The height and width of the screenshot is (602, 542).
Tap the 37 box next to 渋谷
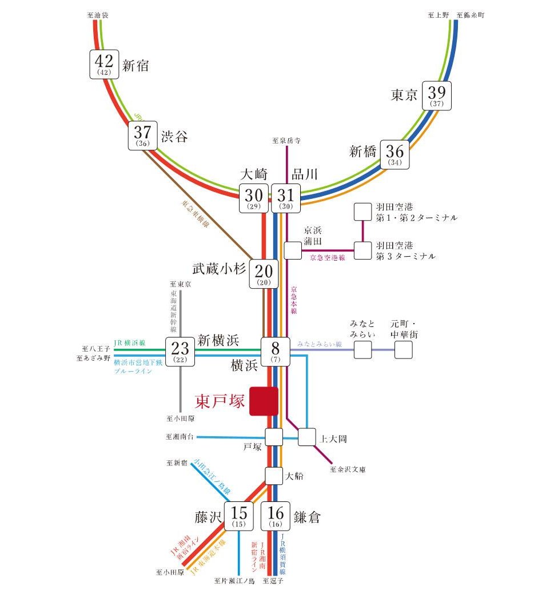pos(143,135)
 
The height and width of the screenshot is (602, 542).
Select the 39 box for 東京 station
pos(437,95)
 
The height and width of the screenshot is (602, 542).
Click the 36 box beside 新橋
pos(395,154)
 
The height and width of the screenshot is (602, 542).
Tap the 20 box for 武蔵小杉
pos(264,274)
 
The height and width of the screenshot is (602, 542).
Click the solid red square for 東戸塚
pos(264,401)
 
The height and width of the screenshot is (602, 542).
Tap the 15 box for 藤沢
pos(238,516)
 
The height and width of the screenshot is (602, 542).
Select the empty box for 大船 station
pos(274,476)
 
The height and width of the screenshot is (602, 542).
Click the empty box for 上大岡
pos(307,437)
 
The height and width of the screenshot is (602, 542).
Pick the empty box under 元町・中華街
pos(403,350)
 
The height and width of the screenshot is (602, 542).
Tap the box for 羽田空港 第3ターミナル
pos(362,250)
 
